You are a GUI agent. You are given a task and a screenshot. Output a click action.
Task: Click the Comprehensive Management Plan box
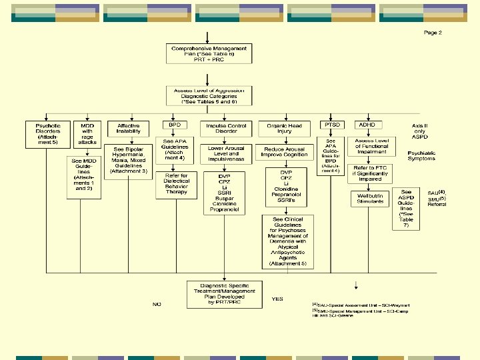[x=209, y=54]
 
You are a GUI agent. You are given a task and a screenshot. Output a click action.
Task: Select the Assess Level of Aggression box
[x=209, y=96]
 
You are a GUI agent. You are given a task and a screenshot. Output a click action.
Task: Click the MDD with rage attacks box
[x=88, y=133]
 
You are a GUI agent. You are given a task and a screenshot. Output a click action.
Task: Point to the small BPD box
[x=173, y=125]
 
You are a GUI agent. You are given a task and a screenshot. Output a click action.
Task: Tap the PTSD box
[x=331, y=125]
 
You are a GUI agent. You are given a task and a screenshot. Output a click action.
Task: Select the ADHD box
[x=367, y=125]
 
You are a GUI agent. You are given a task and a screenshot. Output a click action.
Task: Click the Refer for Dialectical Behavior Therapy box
[x=177, y=185]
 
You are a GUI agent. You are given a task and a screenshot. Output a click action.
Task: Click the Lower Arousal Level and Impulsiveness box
[x=227, y=153]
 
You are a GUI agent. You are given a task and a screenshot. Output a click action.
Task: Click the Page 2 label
[x=432, y=33]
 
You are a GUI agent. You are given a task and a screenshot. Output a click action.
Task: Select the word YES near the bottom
[x=277, y=299]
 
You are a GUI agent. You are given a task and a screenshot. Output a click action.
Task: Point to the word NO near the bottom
[x=157, y=304]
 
